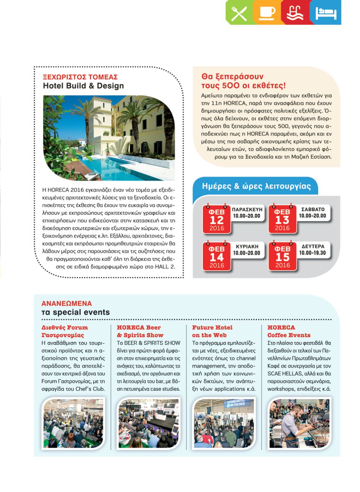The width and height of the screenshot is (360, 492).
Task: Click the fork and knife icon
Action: coord(239,13)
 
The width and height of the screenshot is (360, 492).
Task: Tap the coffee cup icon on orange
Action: coord(267,13)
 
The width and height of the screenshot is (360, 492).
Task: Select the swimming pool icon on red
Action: coord(295,13)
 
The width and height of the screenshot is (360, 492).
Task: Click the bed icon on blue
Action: coord(326,13)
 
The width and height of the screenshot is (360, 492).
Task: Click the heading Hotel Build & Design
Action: coord(83,86)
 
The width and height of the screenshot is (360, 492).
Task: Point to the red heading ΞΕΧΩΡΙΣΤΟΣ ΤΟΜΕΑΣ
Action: coord(80,77)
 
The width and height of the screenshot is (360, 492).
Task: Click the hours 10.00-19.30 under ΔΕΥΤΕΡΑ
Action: coord(312,253)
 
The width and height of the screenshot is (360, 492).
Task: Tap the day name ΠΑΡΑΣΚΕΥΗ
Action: coord(247,209)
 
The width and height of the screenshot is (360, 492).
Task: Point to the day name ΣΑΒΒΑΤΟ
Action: coord(312,209)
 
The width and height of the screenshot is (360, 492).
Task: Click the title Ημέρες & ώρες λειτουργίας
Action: coord(256,186)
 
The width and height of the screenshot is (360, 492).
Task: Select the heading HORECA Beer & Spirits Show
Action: coord(140,331)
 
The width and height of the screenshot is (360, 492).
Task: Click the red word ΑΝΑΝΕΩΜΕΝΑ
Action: coord(67,304)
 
